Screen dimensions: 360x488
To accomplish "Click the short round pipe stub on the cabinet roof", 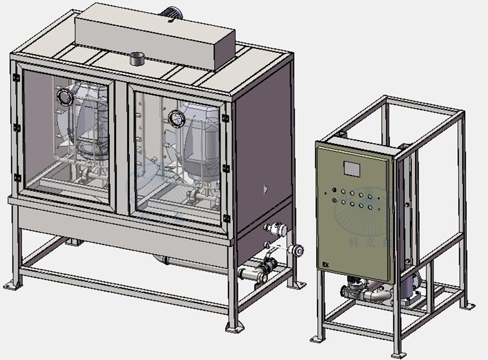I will pos(138,58).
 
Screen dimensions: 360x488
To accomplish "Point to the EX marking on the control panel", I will pos(326,265).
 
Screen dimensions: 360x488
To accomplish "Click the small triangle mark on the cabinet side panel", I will pos(265,188).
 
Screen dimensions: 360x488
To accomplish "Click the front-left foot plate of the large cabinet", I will pos(11,285).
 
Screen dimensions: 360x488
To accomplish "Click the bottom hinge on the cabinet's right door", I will pos(226,218).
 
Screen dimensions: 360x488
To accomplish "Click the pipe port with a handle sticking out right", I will pos(296,250).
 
